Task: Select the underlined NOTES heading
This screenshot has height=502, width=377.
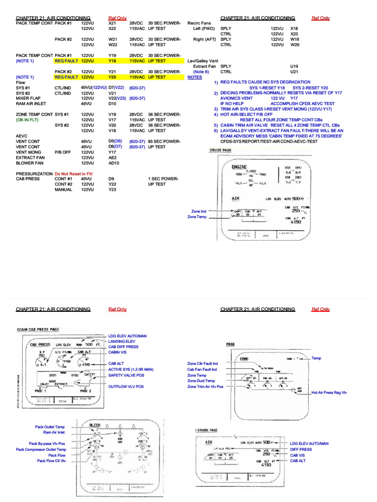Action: click(195, 77)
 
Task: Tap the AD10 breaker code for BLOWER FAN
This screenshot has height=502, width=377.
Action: click(114, 163)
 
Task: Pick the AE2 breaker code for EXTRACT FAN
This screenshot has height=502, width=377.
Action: click(112, 157)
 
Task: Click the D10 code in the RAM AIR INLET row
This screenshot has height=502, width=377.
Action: click(112, 104)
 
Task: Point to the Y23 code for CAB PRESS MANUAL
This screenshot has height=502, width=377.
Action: click(112, 189)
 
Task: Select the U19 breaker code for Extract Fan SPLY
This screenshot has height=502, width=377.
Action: click(295, 66)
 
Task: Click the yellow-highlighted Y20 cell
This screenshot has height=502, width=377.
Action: click(112, 77)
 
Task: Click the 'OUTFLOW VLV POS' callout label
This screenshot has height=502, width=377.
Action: click(127, 387)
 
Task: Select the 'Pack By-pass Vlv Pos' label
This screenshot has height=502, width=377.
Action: click(47, 443)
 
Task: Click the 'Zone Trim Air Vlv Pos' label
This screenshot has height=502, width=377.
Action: click(205, 386)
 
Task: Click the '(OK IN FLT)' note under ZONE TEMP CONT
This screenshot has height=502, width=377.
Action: click(29, 120)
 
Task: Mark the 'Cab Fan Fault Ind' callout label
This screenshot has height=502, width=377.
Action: click(202, 369)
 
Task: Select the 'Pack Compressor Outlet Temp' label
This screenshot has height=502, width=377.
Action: click(41, 449)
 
